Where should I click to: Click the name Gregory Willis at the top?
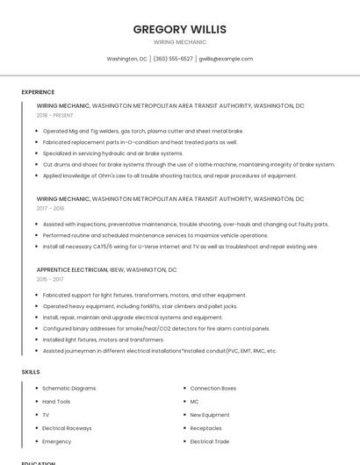click(x=179, y=29)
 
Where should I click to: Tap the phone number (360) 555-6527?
click(x=173, y=59)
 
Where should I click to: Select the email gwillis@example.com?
click(x=226, y=59)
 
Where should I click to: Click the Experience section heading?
click(x=38, y=92)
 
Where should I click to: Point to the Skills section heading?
click(x=31, y=372)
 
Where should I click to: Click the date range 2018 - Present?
click(x=55, y=115)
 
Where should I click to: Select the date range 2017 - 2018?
click(x=50, y=209)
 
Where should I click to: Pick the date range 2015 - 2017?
click(x=50, y=279)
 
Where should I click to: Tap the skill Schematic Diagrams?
click(x=68, y=388)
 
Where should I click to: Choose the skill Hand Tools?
click(x=56, y=401)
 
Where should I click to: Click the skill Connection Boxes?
click(x=212, y=388)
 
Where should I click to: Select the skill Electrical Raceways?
click(x=66, y=428)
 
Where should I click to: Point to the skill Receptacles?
click(x=205, y=428)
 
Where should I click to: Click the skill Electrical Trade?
click(x=209, y=441)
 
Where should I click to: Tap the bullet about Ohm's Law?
click(x=169, y=175)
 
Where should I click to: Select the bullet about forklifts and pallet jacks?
click(x=140, y=306)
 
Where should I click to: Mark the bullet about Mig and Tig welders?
click(x=143, y=131)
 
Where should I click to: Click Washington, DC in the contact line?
click(x=126, y=59)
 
